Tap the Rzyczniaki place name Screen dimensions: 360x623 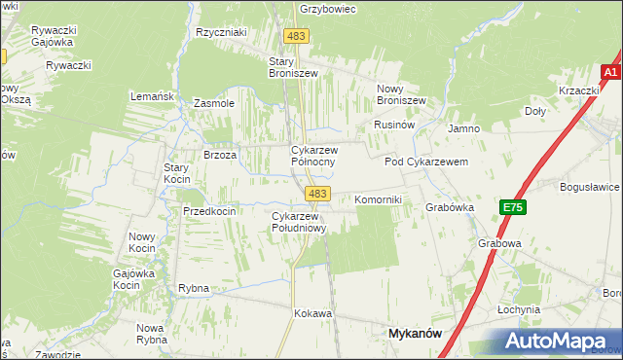pos(221,32)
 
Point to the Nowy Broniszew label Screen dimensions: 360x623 pos(401,93)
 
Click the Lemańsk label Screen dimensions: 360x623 pos(152,96)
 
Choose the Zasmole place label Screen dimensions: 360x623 pos(214,103)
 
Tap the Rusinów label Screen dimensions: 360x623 pos(395,126)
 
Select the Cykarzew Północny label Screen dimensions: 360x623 pos(314,156)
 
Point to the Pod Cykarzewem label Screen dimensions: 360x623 pos(426,162)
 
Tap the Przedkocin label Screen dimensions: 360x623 pos(209,211)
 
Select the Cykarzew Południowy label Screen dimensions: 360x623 pos(298,221)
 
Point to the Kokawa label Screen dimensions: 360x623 pos(313,314)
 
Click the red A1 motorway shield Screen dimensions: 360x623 pos(610,72)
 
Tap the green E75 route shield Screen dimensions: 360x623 pos(513,207)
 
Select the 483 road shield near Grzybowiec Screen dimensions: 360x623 pos(297,36)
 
